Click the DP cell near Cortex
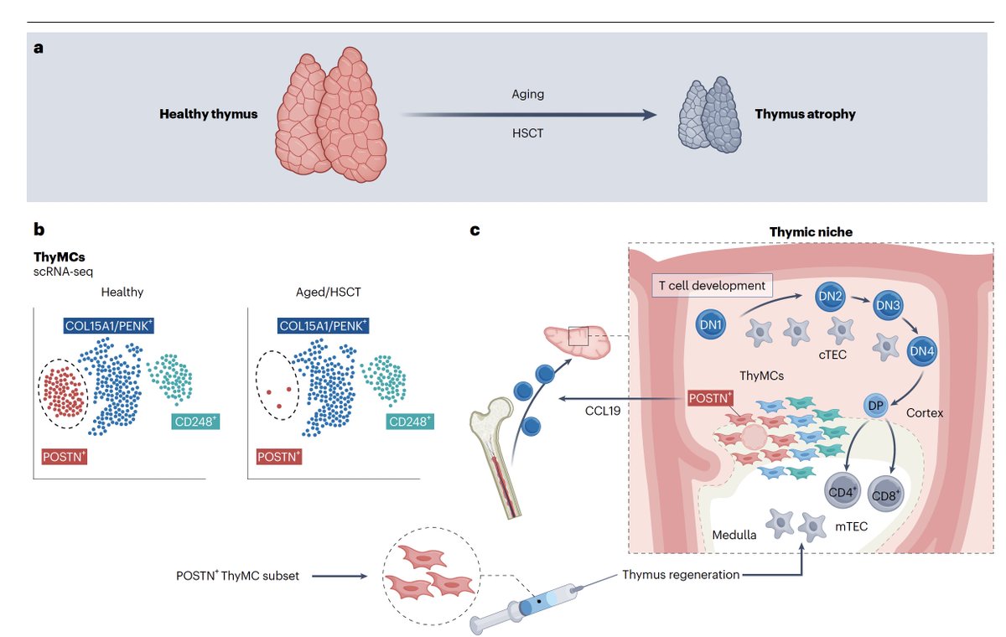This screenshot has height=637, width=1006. tap(874, 404)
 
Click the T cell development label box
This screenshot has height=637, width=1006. tap(712, 285)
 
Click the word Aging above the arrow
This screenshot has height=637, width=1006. tap(527, 94)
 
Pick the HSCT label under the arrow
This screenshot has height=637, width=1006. tap(527, 132)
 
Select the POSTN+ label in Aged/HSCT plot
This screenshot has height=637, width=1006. tap(279, 456)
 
